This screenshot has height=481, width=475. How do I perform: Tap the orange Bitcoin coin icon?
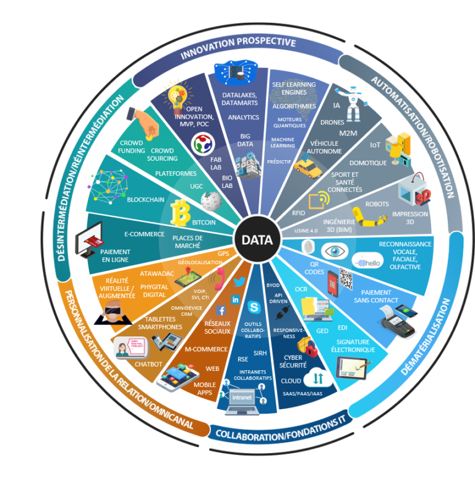click(x=182, y=212)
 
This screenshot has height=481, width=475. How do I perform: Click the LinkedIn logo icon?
click(x=235, y=299)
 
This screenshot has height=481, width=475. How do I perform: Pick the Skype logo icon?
click(x=253, y=307)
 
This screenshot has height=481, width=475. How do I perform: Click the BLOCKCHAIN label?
click(x=146, y=200)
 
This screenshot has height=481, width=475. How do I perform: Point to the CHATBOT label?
click(x=148, y=364)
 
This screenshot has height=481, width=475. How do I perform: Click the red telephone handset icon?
click(x=217, y=282)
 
